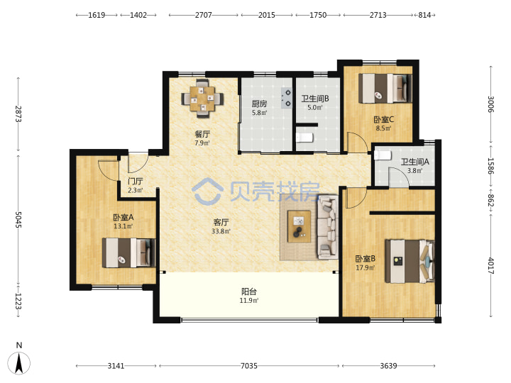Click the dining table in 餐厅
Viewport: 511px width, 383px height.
coord(202,98)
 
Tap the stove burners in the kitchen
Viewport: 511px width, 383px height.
coord(287,98)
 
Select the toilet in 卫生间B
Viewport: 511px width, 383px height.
coord(304,138)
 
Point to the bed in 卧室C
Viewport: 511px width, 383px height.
coord(385,89)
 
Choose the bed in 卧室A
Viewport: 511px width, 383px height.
coord(128,252)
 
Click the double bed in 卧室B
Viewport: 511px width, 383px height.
coord(410,262)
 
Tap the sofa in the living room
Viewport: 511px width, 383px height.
coord(328,227)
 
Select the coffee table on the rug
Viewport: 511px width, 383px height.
coord(299,226)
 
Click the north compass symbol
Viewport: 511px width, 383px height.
coord(19,360)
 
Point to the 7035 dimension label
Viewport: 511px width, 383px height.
coord(249,366)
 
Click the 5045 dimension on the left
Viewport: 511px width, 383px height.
coord(18,219)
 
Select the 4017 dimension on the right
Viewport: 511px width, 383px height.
coord(491,266)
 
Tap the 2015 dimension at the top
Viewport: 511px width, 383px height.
coord(267,15)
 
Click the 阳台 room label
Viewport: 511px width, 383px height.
coord(248,292)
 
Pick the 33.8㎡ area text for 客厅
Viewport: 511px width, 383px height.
coord(221,231)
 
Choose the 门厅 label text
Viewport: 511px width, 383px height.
coord(136,181)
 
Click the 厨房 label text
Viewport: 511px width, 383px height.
coord(259,104)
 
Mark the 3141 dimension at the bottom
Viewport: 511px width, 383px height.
coord(116,366)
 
